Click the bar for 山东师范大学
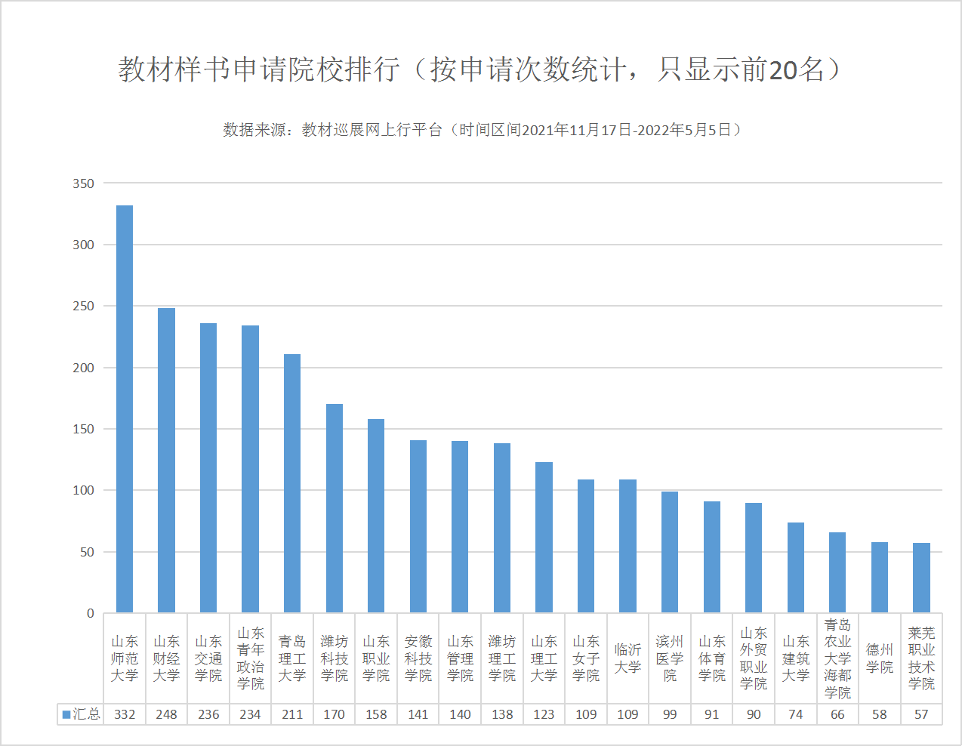coord(125,408)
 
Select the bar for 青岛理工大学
coord(292,483)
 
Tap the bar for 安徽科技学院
coord(418,526)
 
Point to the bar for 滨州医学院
coord(670,552)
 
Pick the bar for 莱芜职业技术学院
coord(921,578)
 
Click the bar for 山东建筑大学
coord(796,567)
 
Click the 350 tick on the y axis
coord(84,183)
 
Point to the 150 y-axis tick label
coord(84,429)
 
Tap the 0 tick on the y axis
coord(90,613)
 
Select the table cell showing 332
coord(125,714)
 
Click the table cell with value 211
coord(292,714)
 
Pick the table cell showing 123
coord(544,714)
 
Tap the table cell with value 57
coord(921,714)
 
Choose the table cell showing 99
coord(670,714)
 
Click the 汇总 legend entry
coord(81,714)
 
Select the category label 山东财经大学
coord(166,658)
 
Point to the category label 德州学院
coord(880,658)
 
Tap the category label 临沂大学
coord(627,658)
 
